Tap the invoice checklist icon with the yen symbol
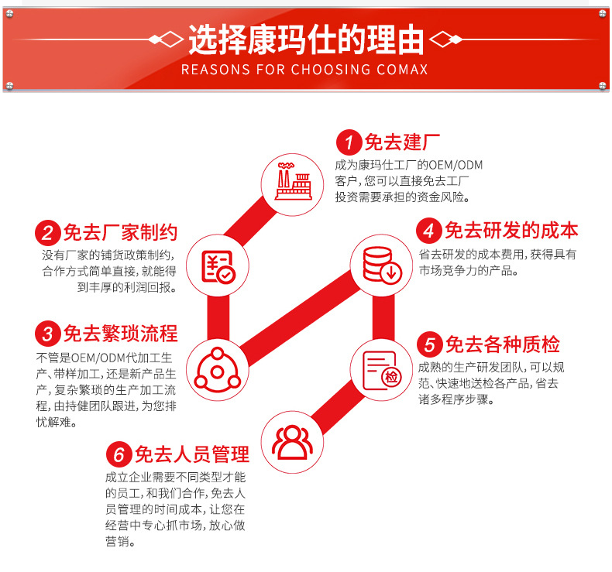point(218,265)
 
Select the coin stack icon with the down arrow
point(380,263)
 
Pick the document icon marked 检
point(380,369)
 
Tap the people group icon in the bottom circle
point(292,442)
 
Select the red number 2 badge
point(48,233)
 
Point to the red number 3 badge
point(48,334)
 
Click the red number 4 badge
point(428,231)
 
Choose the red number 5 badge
point(429,344)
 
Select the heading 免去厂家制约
point(120,233)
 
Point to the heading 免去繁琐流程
point(120,334)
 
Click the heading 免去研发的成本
point(511,231)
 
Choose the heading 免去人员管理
point(191,454)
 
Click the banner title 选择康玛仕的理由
point(306,39)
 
